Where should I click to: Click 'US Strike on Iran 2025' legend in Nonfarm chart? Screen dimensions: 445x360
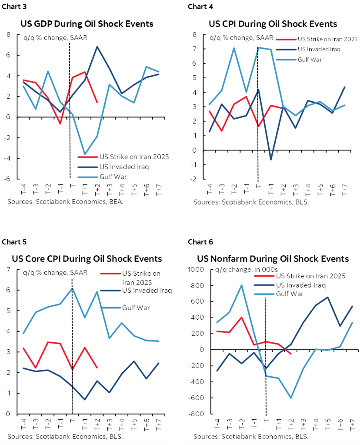tap(311, 276)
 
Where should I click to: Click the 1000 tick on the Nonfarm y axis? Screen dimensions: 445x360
tap(195, 270)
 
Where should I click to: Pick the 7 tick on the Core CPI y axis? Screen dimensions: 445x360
tap(8, 270)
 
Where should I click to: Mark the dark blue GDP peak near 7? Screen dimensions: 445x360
tap(97, 47)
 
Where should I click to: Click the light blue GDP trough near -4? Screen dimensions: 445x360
tap(84, 154)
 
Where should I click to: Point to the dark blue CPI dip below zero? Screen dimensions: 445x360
tap(270, 160)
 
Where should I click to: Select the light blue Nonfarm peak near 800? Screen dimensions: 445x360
tap(241, 285)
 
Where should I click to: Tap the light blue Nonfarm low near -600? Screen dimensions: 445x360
tap(290, 398)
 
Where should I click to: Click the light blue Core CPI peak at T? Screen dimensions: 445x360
tap(72, 288)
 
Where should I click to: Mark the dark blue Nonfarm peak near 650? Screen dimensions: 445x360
tap(327, 298)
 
